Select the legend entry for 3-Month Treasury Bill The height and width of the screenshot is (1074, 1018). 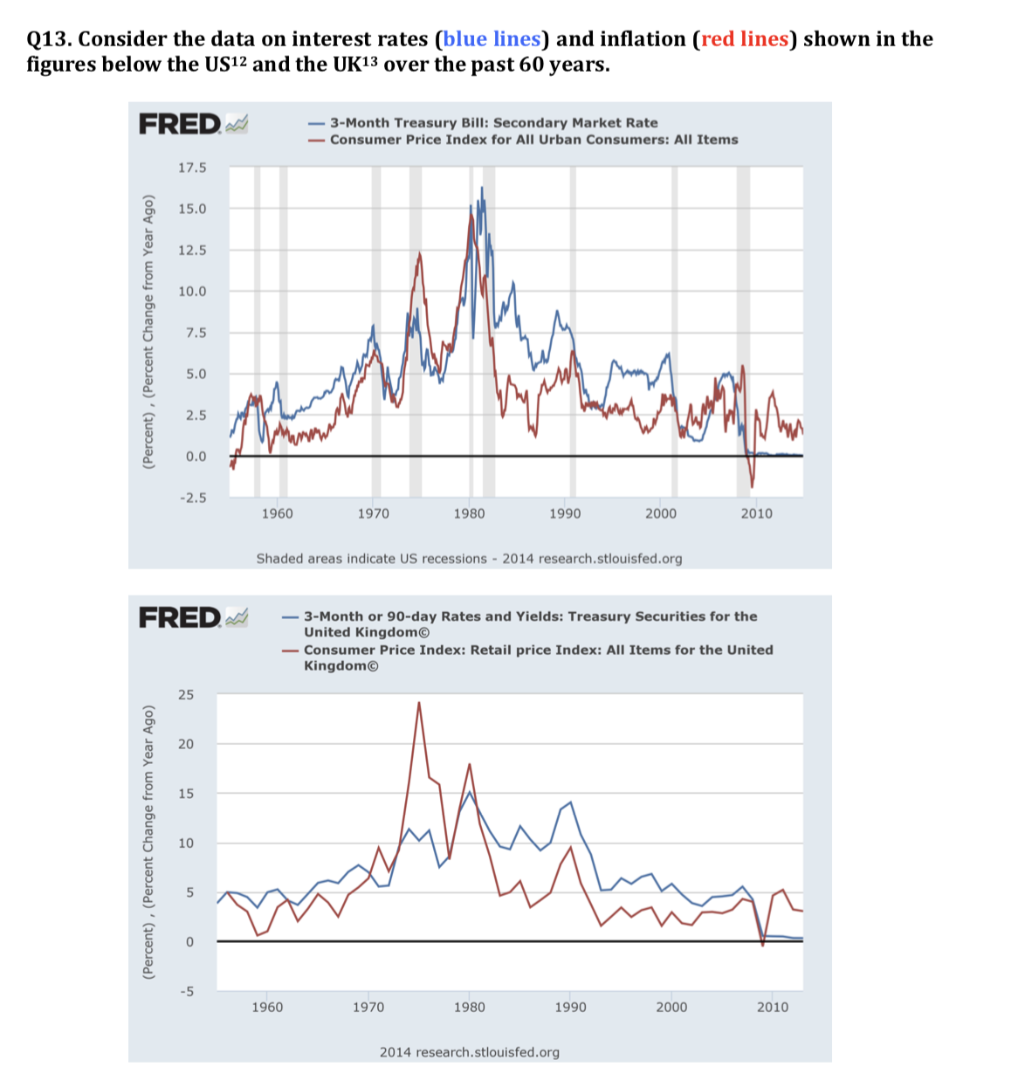click(493, 123)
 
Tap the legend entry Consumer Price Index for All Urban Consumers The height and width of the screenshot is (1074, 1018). click(533, 140)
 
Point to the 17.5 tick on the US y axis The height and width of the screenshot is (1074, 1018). click(192, 168)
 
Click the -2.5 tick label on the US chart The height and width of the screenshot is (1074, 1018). click(192, 498)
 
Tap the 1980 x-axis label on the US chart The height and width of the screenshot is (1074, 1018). click(469, 513)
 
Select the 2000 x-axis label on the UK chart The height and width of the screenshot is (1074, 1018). click(671, 1007)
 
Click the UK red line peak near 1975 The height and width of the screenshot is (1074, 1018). click(419, 702)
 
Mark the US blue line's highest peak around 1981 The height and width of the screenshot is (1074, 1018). click(481, 188)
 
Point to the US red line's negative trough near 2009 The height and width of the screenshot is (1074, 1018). click(752, 485)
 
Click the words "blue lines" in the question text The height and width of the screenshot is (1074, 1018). click(492, 39)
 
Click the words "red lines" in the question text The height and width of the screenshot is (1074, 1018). click(745, 39)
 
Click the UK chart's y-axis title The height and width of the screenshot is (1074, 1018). click(148, 843)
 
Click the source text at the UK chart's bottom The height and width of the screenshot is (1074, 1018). click(469, 1052)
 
